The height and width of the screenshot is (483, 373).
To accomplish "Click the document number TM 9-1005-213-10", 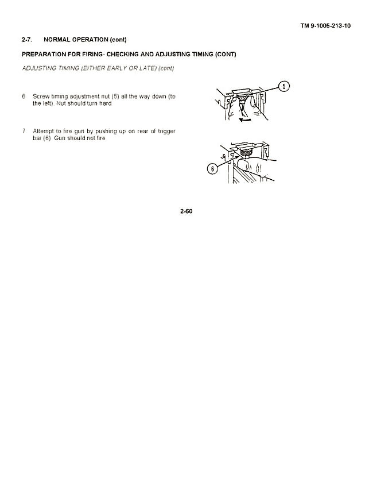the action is pyautogui.click(x=325, y=26).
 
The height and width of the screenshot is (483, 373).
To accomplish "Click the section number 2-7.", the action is pyautogui.click(x=27, y=40).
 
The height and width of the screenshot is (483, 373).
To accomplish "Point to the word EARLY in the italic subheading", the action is pyautogui.click(x=116, y=68).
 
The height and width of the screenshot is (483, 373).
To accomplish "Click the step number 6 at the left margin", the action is pyautogui.click(x=24, y=96).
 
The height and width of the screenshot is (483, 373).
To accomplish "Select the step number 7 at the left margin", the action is pyautogui.click(x=24, y=131).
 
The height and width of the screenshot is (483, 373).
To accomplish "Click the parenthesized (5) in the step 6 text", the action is pyautogui.click(x=115, y=96).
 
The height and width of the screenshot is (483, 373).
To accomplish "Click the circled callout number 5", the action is pyautogui.click(x=283, y=86).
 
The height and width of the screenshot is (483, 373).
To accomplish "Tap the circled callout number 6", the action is pyautogui.click(x=212, y=168).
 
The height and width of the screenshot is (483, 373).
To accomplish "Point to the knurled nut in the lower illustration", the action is pyautogui.click(x=246, y=152).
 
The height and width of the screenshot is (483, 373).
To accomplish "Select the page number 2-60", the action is pyautogui.click(x=186, y=211).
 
